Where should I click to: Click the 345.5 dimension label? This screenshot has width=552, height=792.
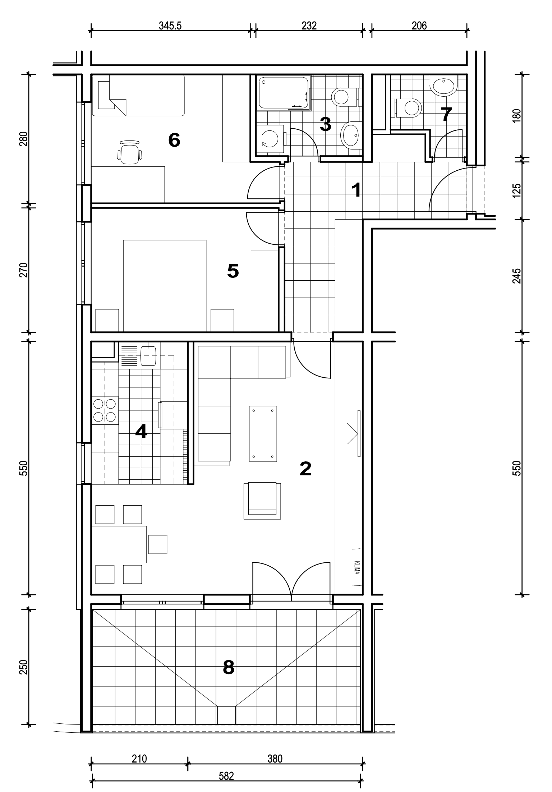coord(170,26)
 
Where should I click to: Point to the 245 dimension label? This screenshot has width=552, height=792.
coord(516,276)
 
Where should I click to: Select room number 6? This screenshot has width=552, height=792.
coord(174,140)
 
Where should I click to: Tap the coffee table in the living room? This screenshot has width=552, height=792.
coord(263,433)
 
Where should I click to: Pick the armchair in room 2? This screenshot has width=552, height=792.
coord(262,501)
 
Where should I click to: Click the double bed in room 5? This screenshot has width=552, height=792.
coord(165,286)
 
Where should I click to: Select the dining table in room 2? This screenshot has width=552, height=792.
coord(119,544)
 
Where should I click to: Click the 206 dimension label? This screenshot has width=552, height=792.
coord(419,26)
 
